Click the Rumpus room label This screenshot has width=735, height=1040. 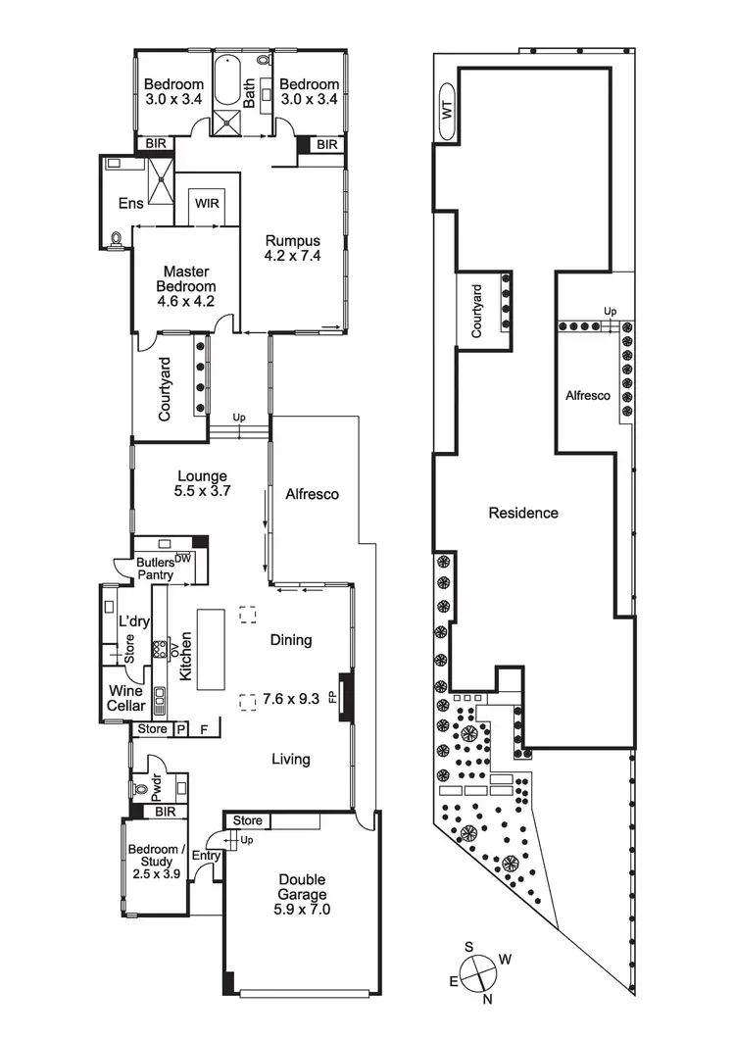click(x=293, y=241)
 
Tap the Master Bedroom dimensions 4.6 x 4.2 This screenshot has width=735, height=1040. click(x=186, y=301)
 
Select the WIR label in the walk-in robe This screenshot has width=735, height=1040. click(x=207, y=204)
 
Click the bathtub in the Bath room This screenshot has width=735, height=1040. click(x=227, y=81)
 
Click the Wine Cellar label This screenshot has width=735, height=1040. click(x=126, y=698)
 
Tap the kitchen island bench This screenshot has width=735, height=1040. click(x=211, y=650)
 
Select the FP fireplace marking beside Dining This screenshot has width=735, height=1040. click(x=332, y=698)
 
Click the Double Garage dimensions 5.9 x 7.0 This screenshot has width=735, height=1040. click(x=302, y=910)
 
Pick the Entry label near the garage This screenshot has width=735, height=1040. click(x=206, y=856)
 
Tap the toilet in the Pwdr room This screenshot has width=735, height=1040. click(x=140, y=789)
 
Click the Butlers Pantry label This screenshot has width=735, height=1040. click(x=156, y=569)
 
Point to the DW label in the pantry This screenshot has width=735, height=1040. click(x=183, y=559)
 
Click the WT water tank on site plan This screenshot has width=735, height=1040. click(x=447, y=110)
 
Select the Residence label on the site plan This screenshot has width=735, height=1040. click(x=523, y=513)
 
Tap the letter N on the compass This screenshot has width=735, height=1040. click(x=488, y=999)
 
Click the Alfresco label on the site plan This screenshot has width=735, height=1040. click(x=588, y=395)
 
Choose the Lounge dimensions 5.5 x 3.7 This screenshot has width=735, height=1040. click(x=202, y=491)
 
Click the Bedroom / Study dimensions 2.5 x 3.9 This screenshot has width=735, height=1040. click(x=157, y=873)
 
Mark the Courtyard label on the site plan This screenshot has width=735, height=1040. click(x=476, y=311)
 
